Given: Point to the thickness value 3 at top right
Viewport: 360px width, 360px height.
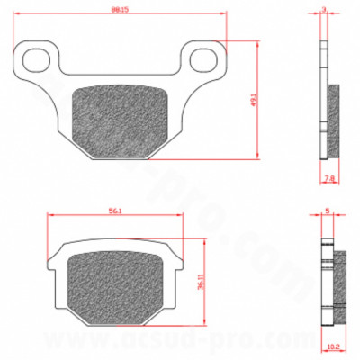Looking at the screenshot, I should coord(324,11).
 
